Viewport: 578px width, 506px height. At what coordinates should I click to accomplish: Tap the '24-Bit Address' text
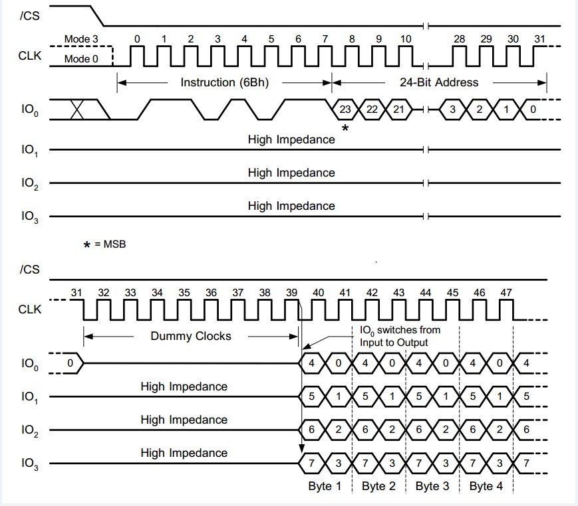click(x=439, y=82)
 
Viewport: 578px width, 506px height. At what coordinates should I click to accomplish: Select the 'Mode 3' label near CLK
click(x=81, y=39)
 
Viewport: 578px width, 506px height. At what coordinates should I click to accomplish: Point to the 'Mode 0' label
click(x=81, y=59)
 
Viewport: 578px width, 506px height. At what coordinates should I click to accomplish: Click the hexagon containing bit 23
click(x=345, y=109)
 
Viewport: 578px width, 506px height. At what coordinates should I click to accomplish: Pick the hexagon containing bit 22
click(x=371, y=109)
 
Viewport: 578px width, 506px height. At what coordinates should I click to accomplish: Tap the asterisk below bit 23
click(x=345, y=127)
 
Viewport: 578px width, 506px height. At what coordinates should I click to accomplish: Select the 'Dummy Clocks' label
click(x=191, y=336)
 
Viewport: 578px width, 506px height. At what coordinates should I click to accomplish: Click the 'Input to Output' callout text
click(x=394, y=342)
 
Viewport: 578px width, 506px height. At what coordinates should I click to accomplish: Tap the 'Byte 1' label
click(x=325, y=486)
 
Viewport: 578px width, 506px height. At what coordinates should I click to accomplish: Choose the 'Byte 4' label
click(x=486, y=486)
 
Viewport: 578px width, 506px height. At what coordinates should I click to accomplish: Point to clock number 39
click(x=292, y=293)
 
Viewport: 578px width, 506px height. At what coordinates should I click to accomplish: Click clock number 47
click(x=506, y=293)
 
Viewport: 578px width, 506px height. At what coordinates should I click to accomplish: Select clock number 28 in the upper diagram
click(x=459, y=39)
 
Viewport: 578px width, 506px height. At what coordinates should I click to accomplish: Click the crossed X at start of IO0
click(x=77, y=110)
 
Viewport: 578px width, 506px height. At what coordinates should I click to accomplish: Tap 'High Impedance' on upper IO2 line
click(x=291, y=173)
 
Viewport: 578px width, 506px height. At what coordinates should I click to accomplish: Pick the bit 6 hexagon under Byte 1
click(x=311, y=430)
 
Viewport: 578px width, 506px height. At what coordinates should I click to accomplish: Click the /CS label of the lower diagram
click(x=30, y=269)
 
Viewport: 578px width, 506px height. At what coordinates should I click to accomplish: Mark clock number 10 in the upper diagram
click(x=405, y=39)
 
